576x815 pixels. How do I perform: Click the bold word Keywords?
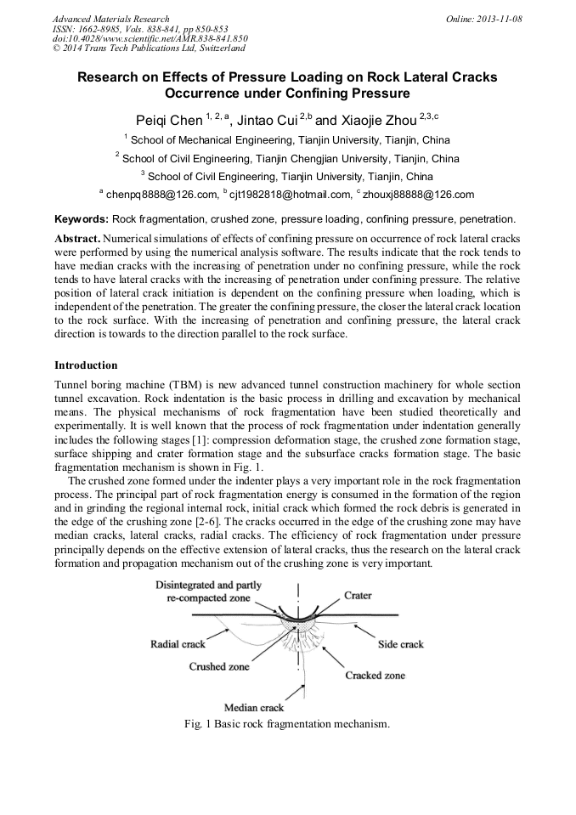[x=81, y=219]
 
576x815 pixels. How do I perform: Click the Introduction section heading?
[x=86, y=365]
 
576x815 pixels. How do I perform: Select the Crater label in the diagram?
[x=358, y=596]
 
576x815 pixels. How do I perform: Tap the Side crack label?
[x=400, y=644]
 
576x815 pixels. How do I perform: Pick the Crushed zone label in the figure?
[x=219, y=667]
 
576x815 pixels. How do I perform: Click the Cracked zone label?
[x=375, y=676]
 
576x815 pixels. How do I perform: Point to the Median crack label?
[x=254, y=707]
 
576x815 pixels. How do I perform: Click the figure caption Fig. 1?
[x=286, y=724]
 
